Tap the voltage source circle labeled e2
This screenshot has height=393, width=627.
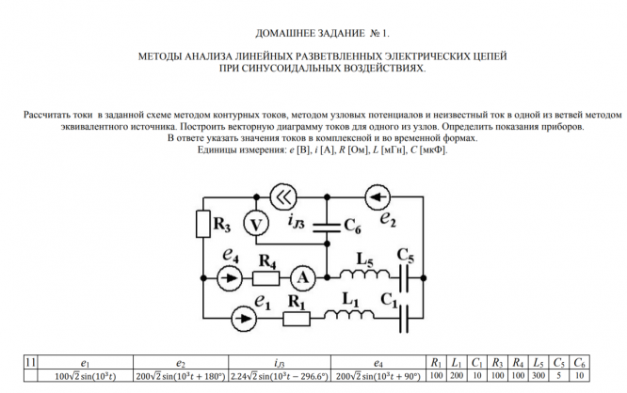pyautogui.click(x=378, y=197)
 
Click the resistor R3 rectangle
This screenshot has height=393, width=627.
pyautogui.click(x=202, y=225)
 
